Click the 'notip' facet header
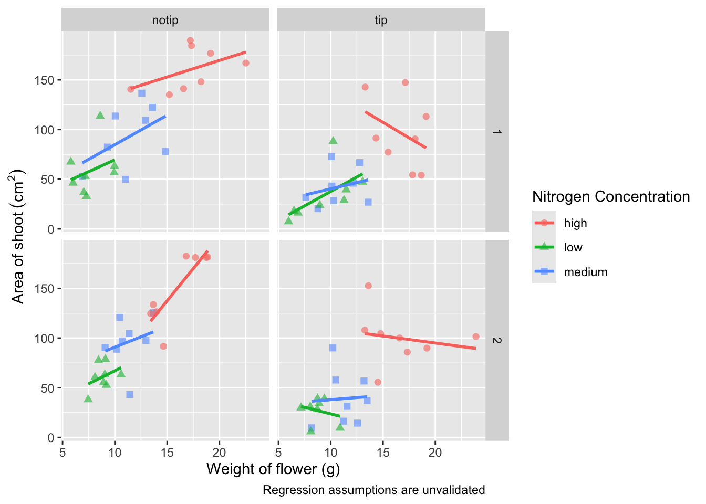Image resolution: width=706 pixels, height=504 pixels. point(165,20)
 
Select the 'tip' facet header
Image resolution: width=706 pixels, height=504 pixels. point(381,20)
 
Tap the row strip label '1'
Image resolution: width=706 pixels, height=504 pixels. point(497,132)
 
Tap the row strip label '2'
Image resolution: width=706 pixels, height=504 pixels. point(497,340)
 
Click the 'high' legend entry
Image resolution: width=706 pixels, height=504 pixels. point(575,223)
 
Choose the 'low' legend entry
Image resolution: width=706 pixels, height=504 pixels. point(573,248)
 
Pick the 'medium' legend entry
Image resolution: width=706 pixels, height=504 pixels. point(585,272)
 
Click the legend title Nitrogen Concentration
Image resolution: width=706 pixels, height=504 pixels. point(610,197)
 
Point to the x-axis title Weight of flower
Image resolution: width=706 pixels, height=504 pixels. point(273,469)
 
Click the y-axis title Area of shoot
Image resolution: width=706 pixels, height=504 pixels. point(18,236)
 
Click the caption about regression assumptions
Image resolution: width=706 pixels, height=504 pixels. point(373,490)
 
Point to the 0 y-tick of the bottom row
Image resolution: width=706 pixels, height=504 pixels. point(50,437)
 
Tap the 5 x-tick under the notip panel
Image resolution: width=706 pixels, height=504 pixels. point(63,453)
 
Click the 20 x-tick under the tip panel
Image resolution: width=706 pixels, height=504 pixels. point(435,453)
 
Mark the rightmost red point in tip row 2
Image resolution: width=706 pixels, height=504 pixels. point(476,337)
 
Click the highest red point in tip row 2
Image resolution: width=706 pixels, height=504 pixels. point(368,286)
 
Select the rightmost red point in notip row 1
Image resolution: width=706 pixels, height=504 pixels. point(246,63)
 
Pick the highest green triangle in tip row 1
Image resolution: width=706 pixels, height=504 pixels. point(333,140)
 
